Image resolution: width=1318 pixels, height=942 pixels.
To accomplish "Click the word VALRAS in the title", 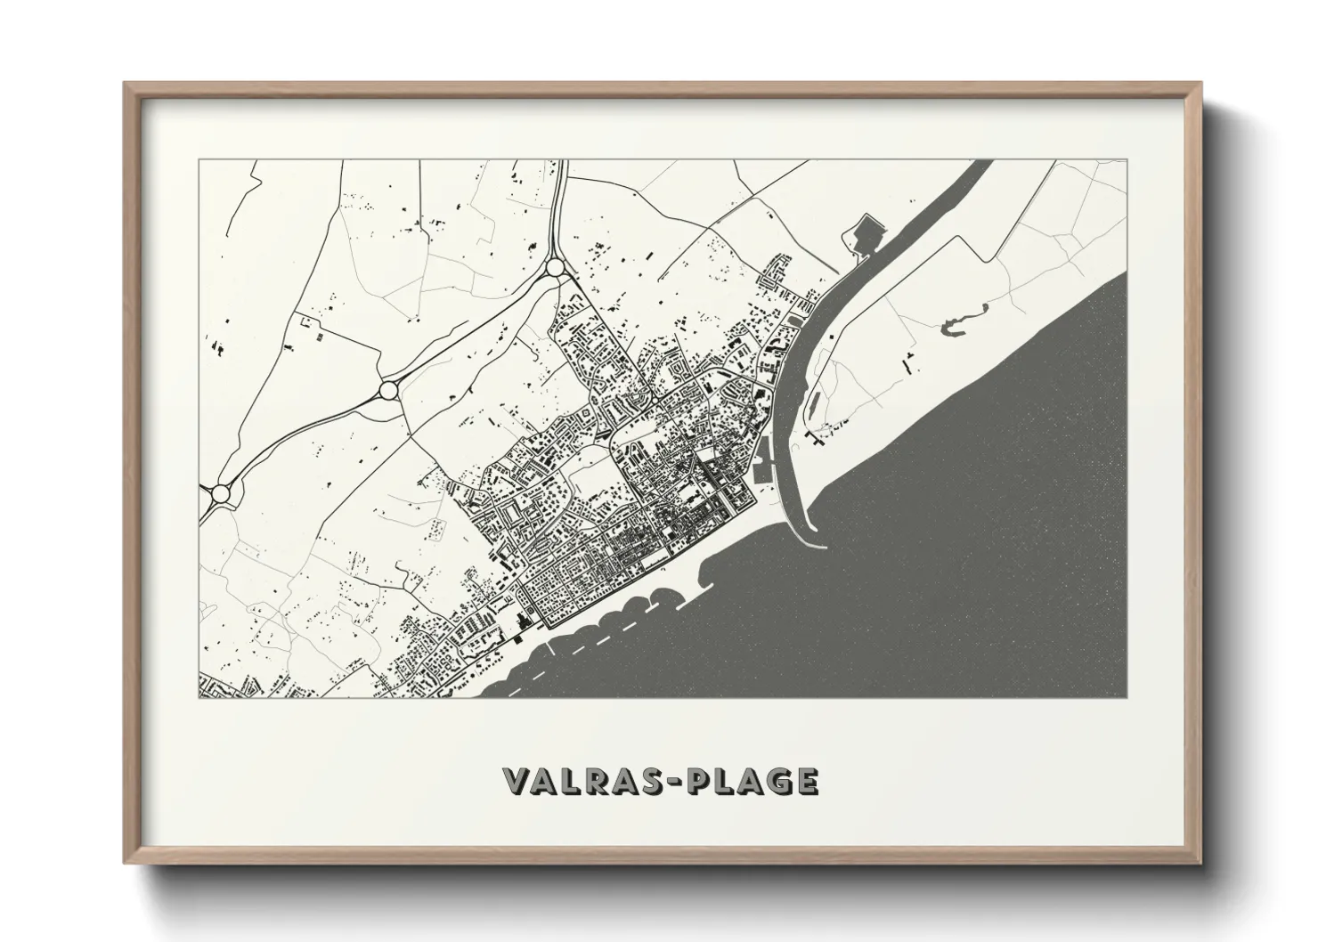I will click(x=578, y=781).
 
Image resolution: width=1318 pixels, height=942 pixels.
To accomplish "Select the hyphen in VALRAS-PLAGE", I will click(x=666, y=782).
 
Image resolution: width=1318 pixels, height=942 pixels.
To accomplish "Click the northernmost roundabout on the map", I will click(x=555, y=266).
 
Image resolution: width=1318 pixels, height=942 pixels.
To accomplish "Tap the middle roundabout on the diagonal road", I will click(x=387, y=390).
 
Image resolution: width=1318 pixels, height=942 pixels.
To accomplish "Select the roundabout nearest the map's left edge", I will click(x=219, y=492).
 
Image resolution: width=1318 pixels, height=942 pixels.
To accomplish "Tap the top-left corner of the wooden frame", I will click(x=126, y=85).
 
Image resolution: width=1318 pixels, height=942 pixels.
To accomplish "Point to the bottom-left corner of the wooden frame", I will click(x=126, y=864).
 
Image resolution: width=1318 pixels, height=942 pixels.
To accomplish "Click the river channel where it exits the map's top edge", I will click(x=973, y=166).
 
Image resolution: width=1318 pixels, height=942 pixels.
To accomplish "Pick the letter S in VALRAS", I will click(x=642, y=781).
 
